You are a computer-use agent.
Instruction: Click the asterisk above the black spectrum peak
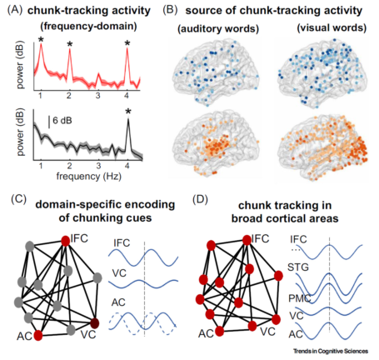[128, 112]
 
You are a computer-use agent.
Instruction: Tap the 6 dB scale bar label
[62, 121]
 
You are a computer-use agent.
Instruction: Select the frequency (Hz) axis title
[89, 176]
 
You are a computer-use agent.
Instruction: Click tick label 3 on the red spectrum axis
[97, 96]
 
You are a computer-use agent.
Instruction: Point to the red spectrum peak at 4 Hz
[127, 49]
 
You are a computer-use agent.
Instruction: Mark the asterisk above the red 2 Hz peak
[70, 44]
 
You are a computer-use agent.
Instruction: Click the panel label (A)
[14, 10]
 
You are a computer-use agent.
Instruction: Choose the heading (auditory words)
[218, 28]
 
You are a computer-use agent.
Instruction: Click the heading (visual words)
[332, 27]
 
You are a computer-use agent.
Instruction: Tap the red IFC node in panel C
[66, 241]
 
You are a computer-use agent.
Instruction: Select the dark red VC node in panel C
[95, 323]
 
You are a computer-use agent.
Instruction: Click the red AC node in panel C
[38, 335]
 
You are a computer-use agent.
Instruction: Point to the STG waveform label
[298, 267]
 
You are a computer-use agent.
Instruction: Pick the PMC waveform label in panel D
[300, 298]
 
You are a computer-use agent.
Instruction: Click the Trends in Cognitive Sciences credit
[331, 352]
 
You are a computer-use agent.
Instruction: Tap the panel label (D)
[200, 200]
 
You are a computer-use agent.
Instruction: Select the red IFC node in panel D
[247, 240]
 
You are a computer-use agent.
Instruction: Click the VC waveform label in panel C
[119, 273]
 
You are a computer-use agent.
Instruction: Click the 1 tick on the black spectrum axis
[41, 166]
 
